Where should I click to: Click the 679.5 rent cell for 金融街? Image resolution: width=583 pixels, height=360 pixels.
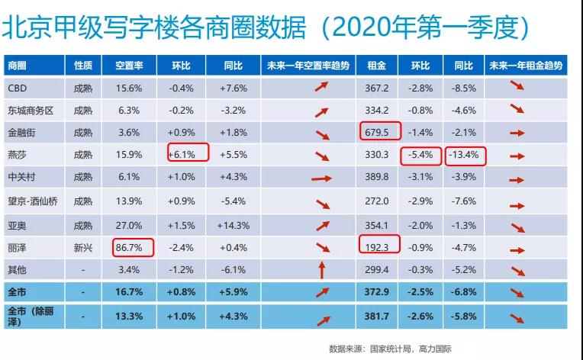click(x=377, y=133)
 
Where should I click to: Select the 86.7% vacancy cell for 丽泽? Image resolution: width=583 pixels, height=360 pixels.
click(x=129, y=247)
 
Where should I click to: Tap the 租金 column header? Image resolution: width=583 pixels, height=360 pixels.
click(x=377, y=66)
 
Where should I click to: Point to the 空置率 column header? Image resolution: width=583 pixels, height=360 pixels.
click(x=129, y=66)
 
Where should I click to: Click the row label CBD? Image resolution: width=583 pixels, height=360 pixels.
click(x=18, y=88)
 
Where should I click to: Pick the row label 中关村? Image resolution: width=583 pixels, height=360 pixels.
click(x=21, y=177)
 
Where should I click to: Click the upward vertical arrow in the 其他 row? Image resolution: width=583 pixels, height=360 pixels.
click(x=322, y=270)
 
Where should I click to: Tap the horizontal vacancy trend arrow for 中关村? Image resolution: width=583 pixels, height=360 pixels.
click(x=321, y=178)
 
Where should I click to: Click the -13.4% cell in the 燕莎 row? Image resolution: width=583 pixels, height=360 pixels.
click(x=464, y=155)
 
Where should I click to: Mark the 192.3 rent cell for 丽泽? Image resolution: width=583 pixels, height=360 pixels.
click(x=377, y=247)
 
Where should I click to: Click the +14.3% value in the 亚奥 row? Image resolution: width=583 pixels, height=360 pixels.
click(x=234, y=226)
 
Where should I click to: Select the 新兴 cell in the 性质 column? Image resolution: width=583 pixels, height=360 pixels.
click(x=83, y=247)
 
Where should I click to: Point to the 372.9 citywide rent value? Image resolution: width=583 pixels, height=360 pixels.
click(x=377, y=292)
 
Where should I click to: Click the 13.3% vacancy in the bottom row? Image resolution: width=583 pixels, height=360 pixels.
click(x=129, y=317)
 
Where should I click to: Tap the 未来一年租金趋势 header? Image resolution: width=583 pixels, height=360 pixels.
click(x=526, y=66)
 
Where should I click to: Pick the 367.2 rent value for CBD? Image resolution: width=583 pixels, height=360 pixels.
click(x=377, y=88)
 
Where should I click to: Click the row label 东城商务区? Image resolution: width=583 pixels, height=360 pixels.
click(x=31, y=111)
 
